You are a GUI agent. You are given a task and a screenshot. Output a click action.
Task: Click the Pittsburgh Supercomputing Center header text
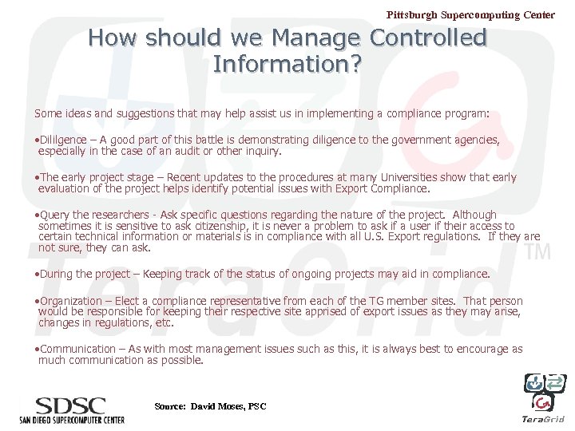coord(470,14)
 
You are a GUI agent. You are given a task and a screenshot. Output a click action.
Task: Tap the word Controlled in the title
coord(428,38)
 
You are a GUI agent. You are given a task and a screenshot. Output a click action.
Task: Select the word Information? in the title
coord(287,64)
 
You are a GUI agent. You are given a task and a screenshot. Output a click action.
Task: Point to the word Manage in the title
coord(318,38)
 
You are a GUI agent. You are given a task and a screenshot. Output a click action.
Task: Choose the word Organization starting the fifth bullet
coord(70,301)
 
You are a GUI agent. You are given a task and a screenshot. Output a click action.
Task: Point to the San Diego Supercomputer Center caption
coord(73,419)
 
